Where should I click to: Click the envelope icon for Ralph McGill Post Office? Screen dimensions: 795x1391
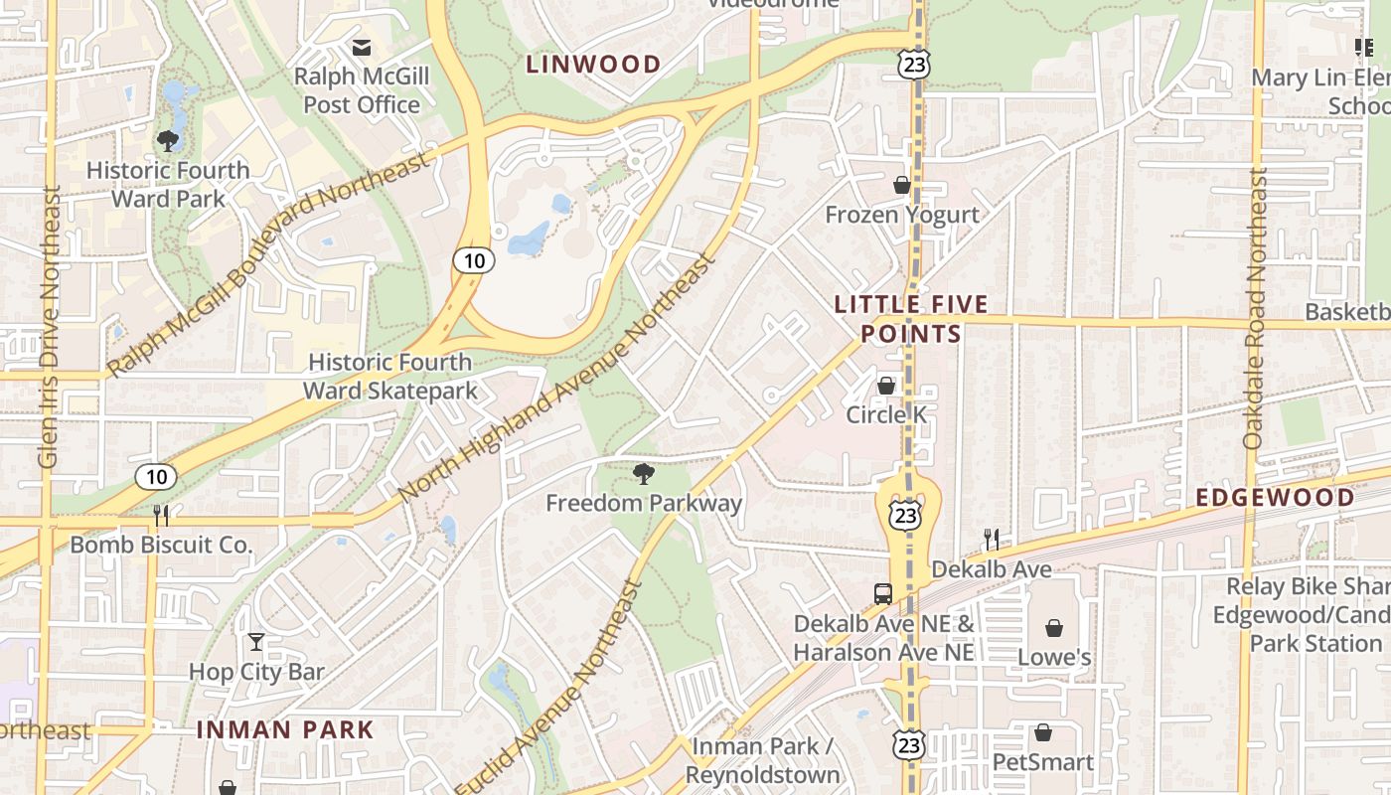(x=361, y=47)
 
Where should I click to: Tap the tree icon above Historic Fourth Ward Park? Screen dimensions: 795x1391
(x=168, y=141)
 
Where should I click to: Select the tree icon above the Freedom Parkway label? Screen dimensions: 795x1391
(x=644, y=474)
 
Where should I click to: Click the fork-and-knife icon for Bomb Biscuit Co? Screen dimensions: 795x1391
(x=161, y=515)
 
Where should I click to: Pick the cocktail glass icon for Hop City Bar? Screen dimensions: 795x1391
(x=256, y=642)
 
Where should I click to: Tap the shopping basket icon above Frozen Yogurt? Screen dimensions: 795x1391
(x=902, y=185)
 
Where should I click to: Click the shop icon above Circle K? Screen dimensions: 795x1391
(x=886, y=386)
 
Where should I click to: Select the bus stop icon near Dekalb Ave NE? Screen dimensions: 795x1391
(x=882, y=594)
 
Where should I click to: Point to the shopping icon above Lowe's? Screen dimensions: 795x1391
(x=1053, y=628)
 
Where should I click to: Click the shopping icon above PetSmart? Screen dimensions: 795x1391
(x=1043, y=733)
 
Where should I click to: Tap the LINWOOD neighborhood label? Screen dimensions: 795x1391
(x=593, y=65)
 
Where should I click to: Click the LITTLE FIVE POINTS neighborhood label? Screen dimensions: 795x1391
(x=911, y=319)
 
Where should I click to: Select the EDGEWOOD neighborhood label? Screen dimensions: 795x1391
(x=1275, y=498)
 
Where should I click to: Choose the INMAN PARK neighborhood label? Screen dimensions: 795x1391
(x=285, y=730)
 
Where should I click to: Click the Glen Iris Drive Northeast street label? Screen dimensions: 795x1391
(x=49, y=328)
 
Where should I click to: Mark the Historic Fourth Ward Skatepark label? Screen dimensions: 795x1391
(x=390, y=377)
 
